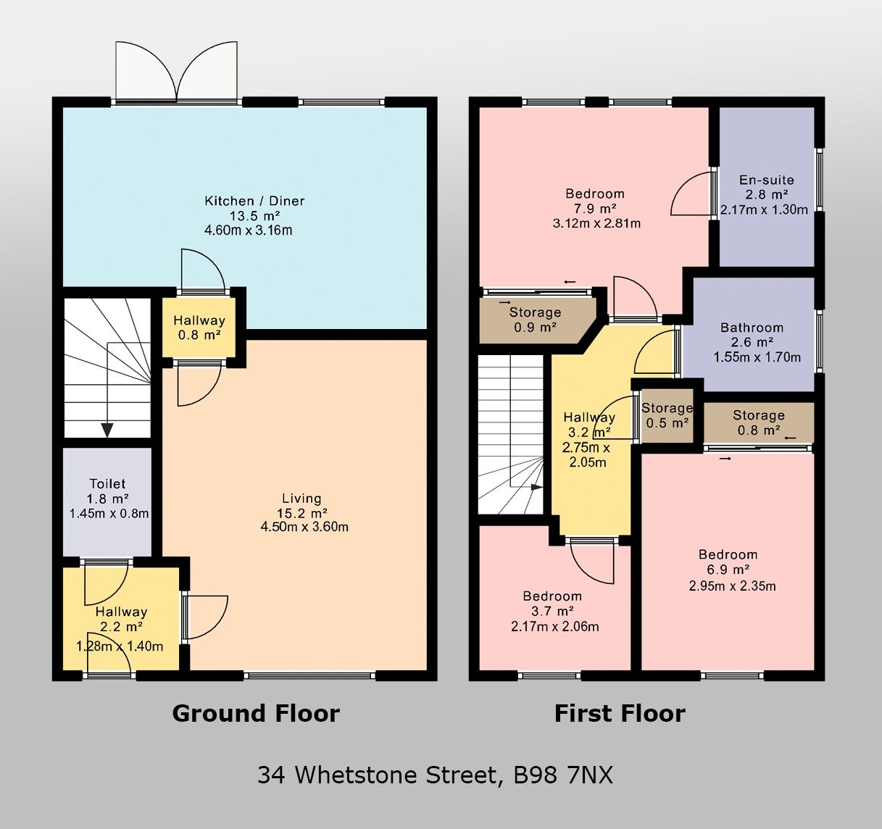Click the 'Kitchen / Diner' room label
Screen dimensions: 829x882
pyautogui.click(x=254, y=201)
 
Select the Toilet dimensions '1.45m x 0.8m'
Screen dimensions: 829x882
pyautogui.click(x=109, y=514)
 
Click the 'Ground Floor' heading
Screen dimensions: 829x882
pyautogui.click(x=256, y=714)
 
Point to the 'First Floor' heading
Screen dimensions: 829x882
pyautogui.click(x=620, y=714)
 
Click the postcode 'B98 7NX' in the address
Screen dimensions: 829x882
pyautogui.click(x=563, y=775)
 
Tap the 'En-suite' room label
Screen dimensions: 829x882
pyautogui.click(x=766, y=180)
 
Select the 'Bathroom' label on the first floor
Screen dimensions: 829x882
pyautogui.click(x=752, y=328)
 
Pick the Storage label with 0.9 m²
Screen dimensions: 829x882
pyautogui.click(x=535, y=313)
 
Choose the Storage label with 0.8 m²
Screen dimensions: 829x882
pyautogui.click(x=758, y=415)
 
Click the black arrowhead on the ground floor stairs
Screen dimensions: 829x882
pyautogui.click(x=107, y=430)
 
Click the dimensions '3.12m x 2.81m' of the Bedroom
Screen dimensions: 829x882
pyautogui.click(x=596, y=224)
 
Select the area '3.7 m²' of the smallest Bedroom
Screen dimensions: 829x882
pyautogui.click(x=552, y=612)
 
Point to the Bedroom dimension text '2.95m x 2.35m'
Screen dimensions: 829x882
pyautogui.click(x=732, y=586)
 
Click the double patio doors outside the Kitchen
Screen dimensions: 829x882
pyautogui.click(x=176, y=71)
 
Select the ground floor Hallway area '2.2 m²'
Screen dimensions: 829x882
pyautogui.click(x=120, y=628)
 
